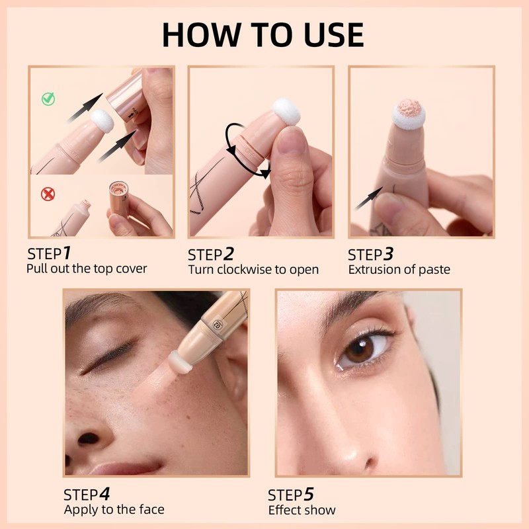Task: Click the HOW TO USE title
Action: point(263,34)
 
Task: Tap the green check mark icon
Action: point(48,99)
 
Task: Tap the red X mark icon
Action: point(48,194)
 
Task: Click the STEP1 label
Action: point(49,253)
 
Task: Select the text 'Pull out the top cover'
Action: point(87,268)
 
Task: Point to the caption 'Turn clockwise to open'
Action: point(253,269)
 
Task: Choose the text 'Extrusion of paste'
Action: point(399,269)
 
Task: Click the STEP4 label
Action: point(87,494)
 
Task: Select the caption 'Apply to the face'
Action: point(114,509)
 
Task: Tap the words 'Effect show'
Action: point(302,510)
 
